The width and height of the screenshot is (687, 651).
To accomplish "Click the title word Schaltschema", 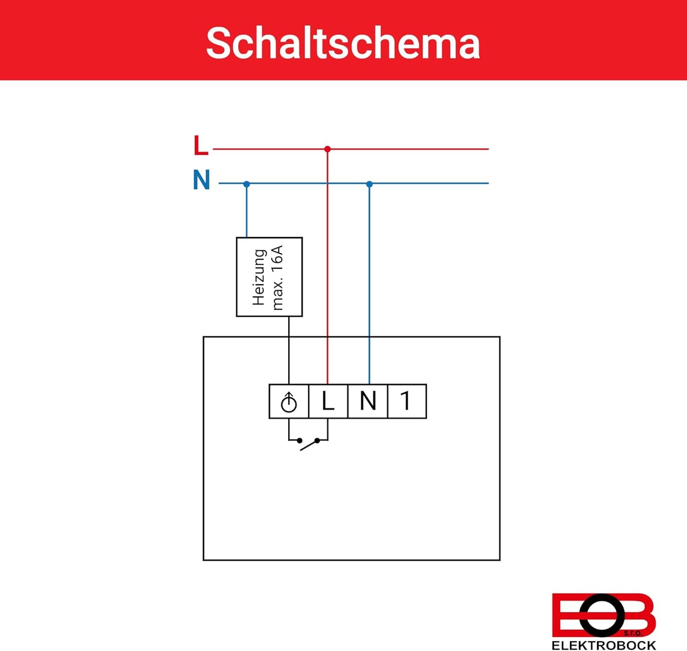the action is pos(343,43).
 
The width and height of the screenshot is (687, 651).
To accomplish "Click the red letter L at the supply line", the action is pos(201,146).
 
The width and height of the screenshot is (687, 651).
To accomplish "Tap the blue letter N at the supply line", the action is pos(202,179).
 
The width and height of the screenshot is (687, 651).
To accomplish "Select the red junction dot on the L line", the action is pos(327,149).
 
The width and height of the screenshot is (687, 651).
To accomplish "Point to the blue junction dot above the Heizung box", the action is pos(247,184).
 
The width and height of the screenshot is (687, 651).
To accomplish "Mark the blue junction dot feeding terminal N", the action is pos(369,184).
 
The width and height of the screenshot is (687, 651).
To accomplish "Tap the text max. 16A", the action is pos(278,278).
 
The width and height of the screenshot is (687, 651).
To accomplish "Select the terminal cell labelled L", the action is pos(328,401).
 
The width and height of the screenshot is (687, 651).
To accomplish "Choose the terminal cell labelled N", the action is pos(368,401).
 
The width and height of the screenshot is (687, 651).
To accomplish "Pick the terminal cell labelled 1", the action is pos(407,401).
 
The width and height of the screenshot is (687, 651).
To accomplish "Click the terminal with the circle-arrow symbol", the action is pos(289,401).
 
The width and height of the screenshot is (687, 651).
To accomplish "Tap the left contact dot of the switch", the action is pos(300,441).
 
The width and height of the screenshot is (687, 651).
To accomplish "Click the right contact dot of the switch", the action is pos(317,441).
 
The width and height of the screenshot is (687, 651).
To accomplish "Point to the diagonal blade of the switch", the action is pos(309,445).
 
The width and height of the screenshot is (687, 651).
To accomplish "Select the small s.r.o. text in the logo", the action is pos(633,633).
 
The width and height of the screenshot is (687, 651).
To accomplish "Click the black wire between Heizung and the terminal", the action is pos(289,350).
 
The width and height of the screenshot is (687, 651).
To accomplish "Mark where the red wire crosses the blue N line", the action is pos(327,183).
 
